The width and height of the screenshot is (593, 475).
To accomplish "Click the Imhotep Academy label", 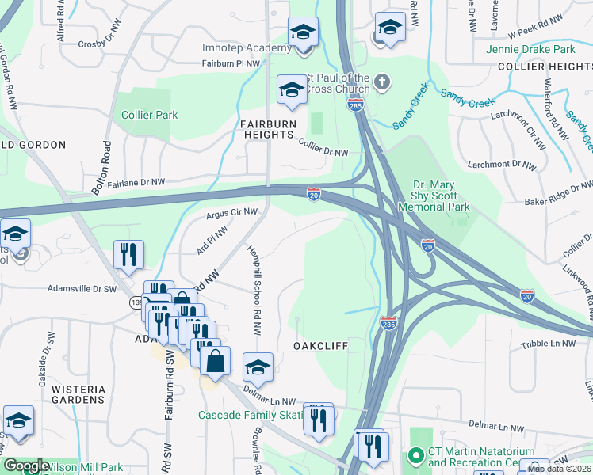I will coord(247,48).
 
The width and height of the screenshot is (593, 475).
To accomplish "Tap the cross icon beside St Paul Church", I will coord(382,80).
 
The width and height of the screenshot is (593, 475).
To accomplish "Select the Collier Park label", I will coord(149,115).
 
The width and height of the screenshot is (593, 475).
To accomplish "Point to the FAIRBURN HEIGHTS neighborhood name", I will coord(268,129).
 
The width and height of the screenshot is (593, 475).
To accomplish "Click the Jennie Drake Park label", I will coord(540,49).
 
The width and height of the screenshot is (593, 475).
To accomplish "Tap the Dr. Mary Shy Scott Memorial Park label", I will coord(441,195).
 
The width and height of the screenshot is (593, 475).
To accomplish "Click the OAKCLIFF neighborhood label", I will coord(320,346).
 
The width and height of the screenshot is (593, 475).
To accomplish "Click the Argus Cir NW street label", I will coord(231,212).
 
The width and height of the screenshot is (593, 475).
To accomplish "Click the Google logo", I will coord(25,466).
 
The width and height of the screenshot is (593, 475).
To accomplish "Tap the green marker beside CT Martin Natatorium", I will coord(413,456).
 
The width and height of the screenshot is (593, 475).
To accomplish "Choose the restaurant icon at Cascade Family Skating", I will coord(319,419).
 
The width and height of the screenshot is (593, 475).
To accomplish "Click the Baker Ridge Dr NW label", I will coord(558,202).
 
